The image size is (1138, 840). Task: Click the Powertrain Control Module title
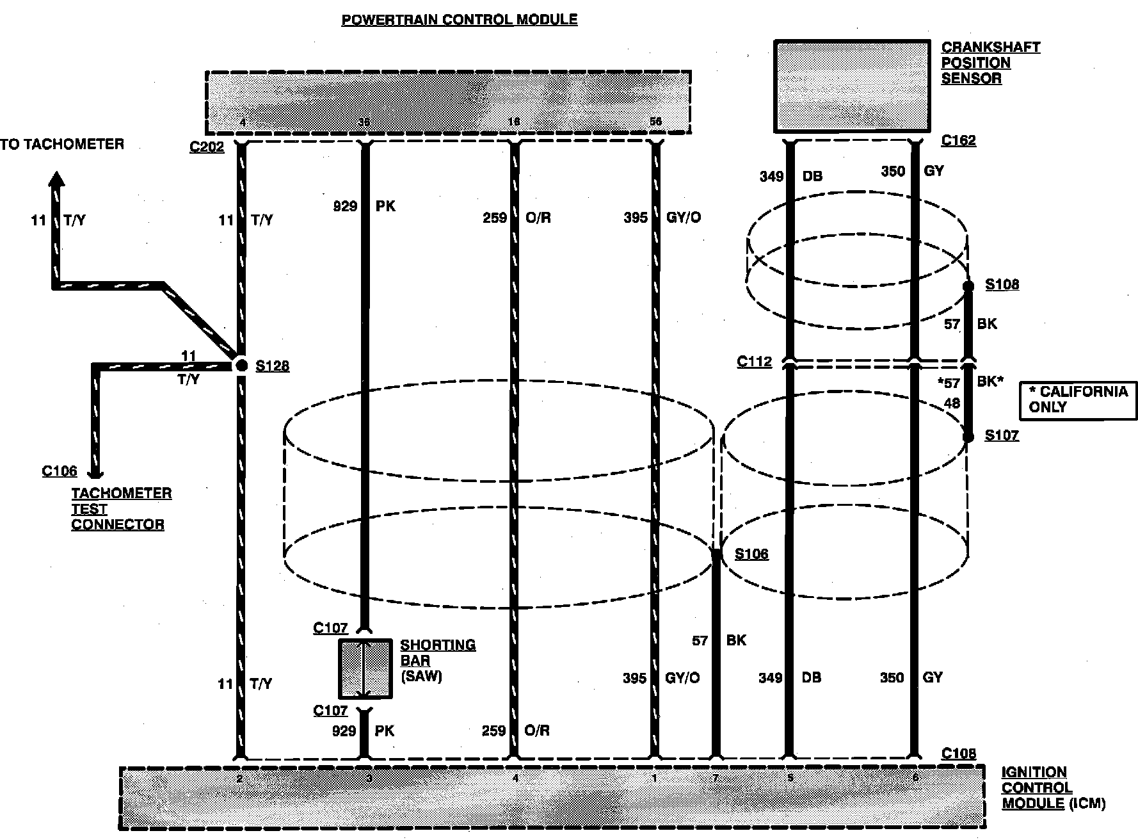tap(459, 20)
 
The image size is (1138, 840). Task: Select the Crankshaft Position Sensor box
tap(852, 86)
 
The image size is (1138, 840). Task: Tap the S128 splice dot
tap(241, 366)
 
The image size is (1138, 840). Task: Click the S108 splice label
tap(1002, 284)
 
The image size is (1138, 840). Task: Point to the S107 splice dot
tap(968, 437)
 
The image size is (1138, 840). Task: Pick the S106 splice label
tap(751, 554)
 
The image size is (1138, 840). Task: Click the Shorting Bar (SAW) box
tap(365, 668)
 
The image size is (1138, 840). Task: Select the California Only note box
tap(1078, 400)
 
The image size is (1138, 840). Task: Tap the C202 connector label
tap(207, 147)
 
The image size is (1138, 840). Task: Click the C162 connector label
tap(958, 141)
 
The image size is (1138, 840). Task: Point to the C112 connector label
tap(754, 362)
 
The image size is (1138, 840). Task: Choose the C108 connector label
tap(958, 754)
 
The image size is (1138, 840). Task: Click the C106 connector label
tap(59, 471)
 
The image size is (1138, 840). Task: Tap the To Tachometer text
tap(62, 144)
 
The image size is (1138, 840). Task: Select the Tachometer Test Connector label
tap(121, 509)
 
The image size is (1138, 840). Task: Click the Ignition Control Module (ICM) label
tap(1053, 788)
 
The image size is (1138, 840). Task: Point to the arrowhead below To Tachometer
tap(58, 179)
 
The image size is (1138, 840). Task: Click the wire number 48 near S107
tap(952, 403)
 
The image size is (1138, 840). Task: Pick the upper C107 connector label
tap(330, 628)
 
